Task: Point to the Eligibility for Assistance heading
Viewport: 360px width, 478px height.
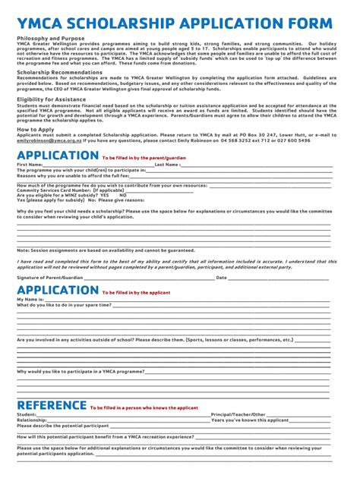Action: (51, 99)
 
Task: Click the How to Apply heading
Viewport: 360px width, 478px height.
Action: (35, 130)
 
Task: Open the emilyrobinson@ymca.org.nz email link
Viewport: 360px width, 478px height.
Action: (48, 140)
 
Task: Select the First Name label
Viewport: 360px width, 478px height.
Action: (30, 164)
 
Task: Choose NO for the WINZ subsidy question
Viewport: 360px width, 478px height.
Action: (123, 194)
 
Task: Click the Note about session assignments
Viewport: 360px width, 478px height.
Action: (106, 250)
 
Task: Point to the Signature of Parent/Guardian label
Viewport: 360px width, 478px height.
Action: (49, 278)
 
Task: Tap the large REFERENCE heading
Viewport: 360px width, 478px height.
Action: (51, 405)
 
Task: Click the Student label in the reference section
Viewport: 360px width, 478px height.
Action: (27, 414)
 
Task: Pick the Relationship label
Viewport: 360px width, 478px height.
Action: (33, 420)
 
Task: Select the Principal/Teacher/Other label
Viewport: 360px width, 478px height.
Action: (238, 414)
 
